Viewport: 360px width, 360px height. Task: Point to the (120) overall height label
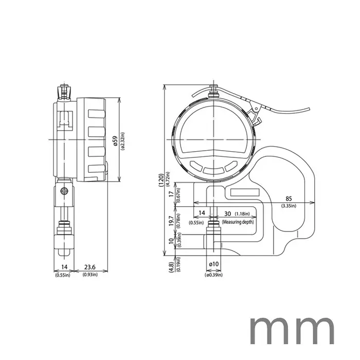click(161, 178)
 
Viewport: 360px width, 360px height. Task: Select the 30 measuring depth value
click(228, 213)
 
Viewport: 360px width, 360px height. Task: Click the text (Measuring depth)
click(238, 221)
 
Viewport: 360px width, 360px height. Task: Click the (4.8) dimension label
click(170, 267)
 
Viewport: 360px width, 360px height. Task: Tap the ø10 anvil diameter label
click(214, 264)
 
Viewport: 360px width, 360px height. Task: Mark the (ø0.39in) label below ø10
click(214, 275)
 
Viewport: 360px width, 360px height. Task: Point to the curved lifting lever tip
click(309, 109)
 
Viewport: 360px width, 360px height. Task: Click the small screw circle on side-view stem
click(64, 191)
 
